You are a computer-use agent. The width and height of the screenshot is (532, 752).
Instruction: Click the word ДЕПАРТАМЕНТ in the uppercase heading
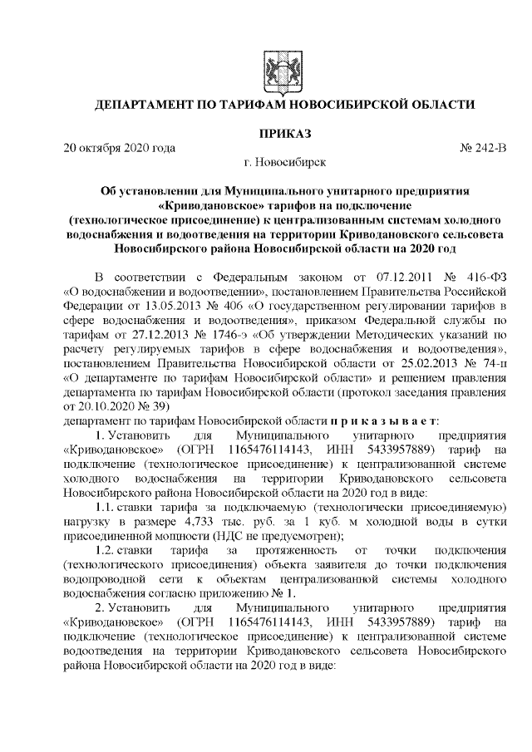pos(147,106)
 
